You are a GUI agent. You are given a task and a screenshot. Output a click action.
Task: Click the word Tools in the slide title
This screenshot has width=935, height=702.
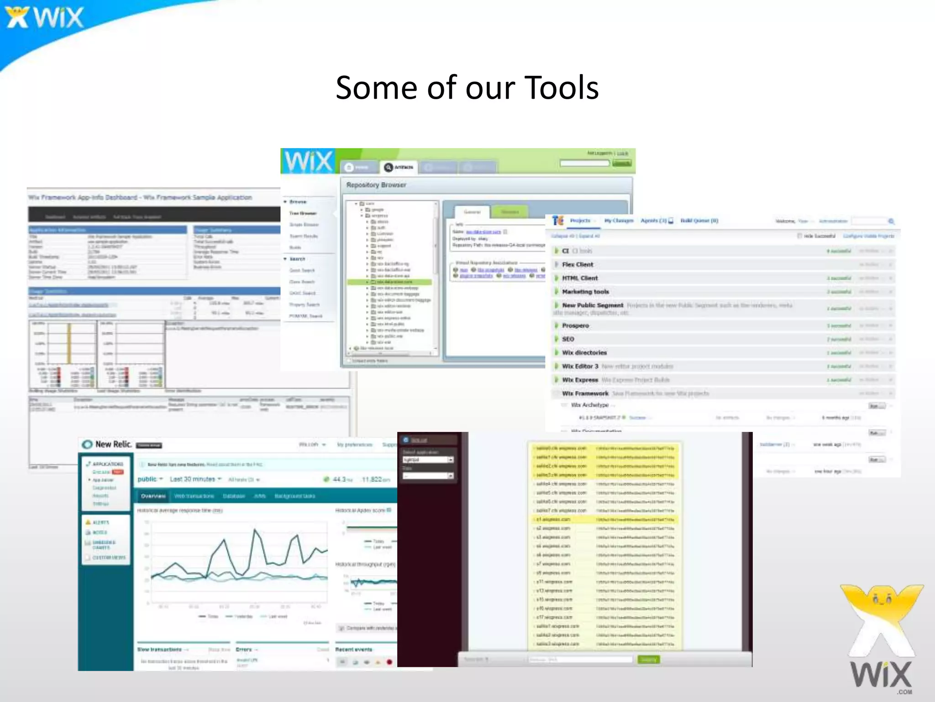coord(562,88)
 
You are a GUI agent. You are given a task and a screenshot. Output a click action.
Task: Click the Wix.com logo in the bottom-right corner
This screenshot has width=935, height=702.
coord(881,640)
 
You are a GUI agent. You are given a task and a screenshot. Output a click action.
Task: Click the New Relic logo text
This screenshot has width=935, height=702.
coord(113,444)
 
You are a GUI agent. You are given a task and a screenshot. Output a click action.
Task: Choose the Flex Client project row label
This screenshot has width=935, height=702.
coord(578,265)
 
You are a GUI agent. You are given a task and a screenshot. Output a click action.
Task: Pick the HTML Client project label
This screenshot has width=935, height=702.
coord(580,278)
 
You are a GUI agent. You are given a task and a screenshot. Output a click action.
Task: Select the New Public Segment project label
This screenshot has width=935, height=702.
coord(593,305)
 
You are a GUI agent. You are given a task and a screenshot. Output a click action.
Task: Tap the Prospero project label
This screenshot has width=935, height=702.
coord(575,325)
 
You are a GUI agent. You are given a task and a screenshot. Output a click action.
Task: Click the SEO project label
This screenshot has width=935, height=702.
coord(568,339)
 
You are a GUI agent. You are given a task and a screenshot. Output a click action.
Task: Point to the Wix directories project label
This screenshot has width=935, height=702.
coord(584,353)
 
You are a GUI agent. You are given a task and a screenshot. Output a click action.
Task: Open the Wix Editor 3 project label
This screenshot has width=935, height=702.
coord(580,366)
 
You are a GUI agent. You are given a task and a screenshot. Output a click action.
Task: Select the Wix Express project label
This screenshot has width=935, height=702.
coord(580,380)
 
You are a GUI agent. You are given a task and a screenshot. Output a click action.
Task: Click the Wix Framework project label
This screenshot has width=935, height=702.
coord(585,394)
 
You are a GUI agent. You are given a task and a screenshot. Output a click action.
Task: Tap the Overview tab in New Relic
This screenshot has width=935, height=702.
coord(153,496)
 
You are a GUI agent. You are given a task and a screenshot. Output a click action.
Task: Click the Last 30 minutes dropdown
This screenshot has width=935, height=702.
coord(195,479)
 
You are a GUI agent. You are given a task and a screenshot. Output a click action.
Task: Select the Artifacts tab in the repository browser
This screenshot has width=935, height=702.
coord(399,167)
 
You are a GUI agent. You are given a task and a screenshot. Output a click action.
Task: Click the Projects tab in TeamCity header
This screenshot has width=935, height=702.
coord(580,221)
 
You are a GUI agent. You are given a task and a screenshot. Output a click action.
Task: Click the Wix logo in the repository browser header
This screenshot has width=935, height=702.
coord(309,161)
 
